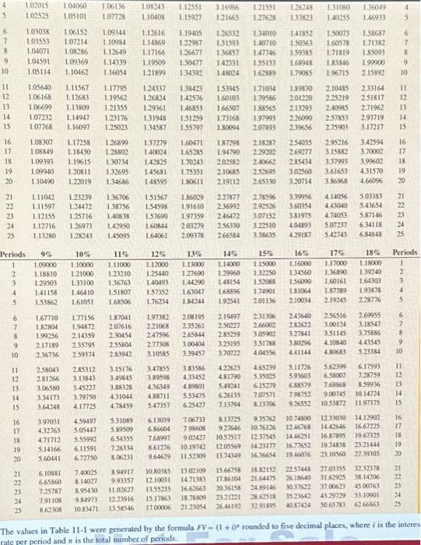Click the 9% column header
[x=51, y=254]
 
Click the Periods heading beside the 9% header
[x=17, y=254]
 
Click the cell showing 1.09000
[x=51, y=265]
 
